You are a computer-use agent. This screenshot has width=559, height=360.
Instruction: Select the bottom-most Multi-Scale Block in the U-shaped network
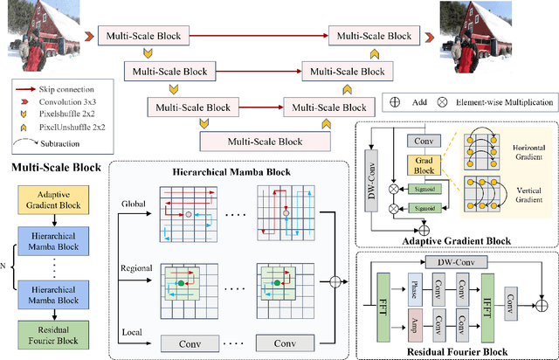[265, 141]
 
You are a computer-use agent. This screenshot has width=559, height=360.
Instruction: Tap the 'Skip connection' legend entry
[62, 89]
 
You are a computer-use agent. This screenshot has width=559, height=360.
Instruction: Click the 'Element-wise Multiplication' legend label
[504, 102]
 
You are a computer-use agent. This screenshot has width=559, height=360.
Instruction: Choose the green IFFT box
[487, 309]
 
